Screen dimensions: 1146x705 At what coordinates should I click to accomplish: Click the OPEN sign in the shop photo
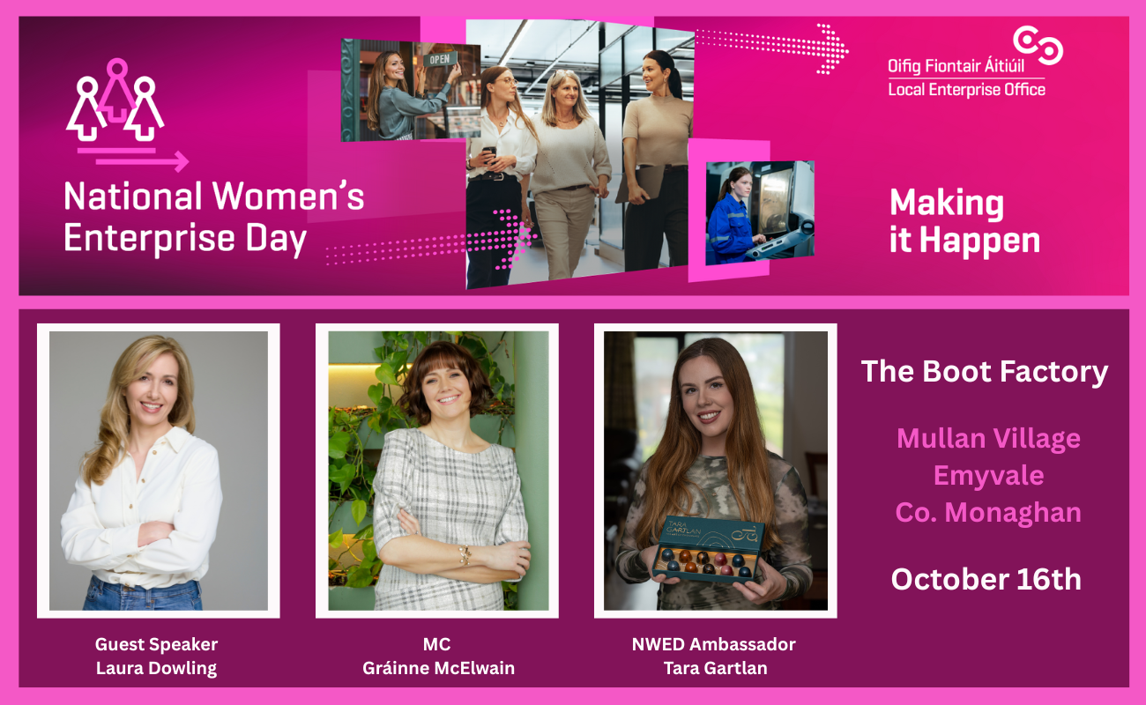[440, 59]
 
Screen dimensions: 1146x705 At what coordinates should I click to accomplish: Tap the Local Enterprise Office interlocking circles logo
[1038, 46]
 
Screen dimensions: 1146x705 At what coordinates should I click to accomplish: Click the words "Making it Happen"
[965, 221]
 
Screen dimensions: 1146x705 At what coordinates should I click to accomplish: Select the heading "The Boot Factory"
[985, 371]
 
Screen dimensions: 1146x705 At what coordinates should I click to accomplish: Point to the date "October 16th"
[986, 579]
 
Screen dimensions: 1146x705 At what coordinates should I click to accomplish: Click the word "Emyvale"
[988, 475]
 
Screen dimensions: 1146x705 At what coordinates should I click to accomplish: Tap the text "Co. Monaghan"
[988, 512]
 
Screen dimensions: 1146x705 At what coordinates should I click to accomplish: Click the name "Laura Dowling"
[157, 669]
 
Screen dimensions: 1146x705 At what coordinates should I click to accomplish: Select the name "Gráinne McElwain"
[438, 668]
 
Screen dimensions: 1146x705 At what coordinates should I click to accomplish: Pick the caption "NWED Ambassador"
[714, 644]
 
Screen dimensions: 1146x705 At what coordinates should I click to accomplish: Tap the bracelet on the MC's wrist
[465, 555]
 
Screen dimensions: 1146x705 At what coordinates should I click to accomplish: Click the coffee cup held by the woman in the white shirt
[489, 154]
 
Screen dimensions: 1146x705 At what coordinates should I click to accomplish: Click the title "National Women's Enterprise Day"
[214, 218]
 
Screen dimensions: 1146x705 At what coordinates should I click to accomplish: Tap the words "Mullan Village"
[988, 439]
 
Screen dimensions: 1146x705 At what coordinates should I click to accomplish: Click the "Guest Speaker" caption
[157, 644]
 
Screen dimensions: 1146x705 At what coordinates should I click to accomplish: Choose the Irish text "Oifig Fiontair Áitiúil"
[956, 66]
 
